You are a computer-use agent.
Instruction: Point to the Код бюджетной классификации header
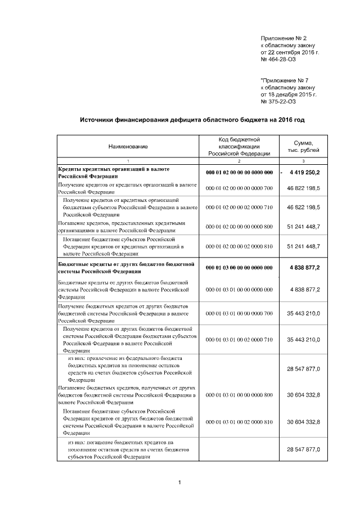(x=240, y=146)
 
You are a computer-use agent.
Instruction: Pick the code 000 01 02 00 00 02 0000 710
(x=240, y=208)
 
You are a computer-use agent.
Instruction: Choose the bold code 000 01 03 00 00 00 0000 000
(x=240, y=268)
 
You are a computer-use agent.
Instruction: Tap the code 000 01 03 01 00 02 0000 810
(x=240, y=422)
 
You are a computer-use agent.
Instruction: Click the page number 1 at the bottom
(x=179, y=483)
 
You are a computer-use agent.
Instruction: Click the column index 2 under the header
(x=240, y=161)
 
